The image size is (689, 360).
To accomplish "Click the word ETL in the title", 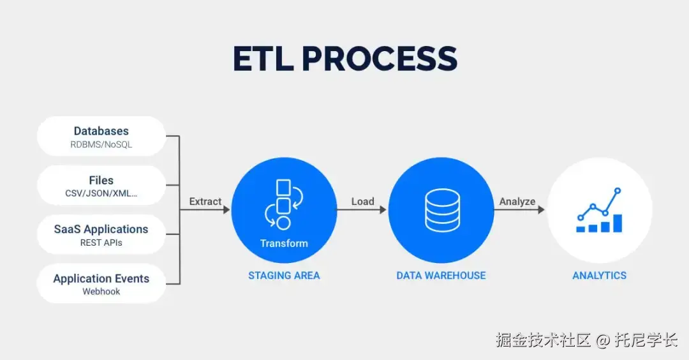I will tap(263, 59).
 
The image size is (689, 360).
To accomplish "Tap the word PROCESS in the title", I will tap(380, 59).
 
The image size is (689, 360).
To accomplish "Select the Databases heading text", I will tap(101, 131).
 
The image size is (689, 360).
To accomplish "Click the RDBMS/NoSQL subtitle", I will tap(101, 145).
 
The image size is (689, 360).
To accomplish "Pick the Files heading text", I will tap(101, 181).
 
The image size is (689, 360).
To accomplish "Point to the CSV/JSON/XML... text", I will tap(101, 194).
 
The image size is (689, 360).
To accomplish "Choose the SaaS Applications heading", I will tap(101, 229).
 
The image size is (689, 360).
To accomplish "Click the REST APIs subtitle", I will tap(101, 243).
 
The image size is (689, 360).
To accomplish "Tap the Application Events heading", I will tap(101, 278).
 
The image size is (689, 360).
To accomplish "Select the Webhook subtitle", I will tap(101, 292).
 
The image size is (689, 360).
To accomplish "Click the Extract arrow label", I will tap(205, 201).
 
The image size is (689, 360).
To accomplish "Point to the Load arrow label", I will tap(362, 201).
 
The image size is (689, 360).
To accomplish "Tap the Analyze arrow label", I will tap(517, 201).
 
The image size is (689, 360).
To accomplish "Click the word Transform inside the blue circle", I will tap(284, 243).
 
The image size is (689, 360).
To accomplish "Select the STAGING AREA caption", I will tap(284, 276).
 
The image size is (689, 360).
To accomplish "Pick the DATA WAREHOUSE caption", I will tap(441, 276).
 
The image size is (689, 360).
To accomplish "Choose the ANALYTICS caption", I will tap(599, 276).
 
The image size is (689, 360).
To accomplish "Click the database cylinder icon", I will tap(441, 210).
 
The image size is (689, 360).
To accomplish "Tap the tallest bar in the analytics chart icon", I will tap(617, 223).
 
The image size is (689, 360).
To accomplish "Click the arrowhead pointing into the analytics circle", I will tap(541, 209).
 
